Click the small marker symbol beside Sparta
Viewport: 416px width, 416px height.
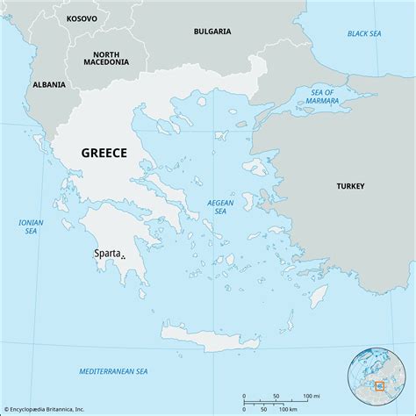tap(123, 257)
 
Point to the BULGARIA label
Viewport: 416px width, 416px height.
tap(212, 31)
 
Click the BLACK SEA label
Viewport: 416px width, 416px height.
tap(365, 33)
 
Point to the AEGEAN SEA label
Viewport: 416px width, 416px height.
tap(220, 207)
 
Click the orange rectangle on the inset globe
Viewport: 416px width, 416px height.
tap(379, 385)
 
